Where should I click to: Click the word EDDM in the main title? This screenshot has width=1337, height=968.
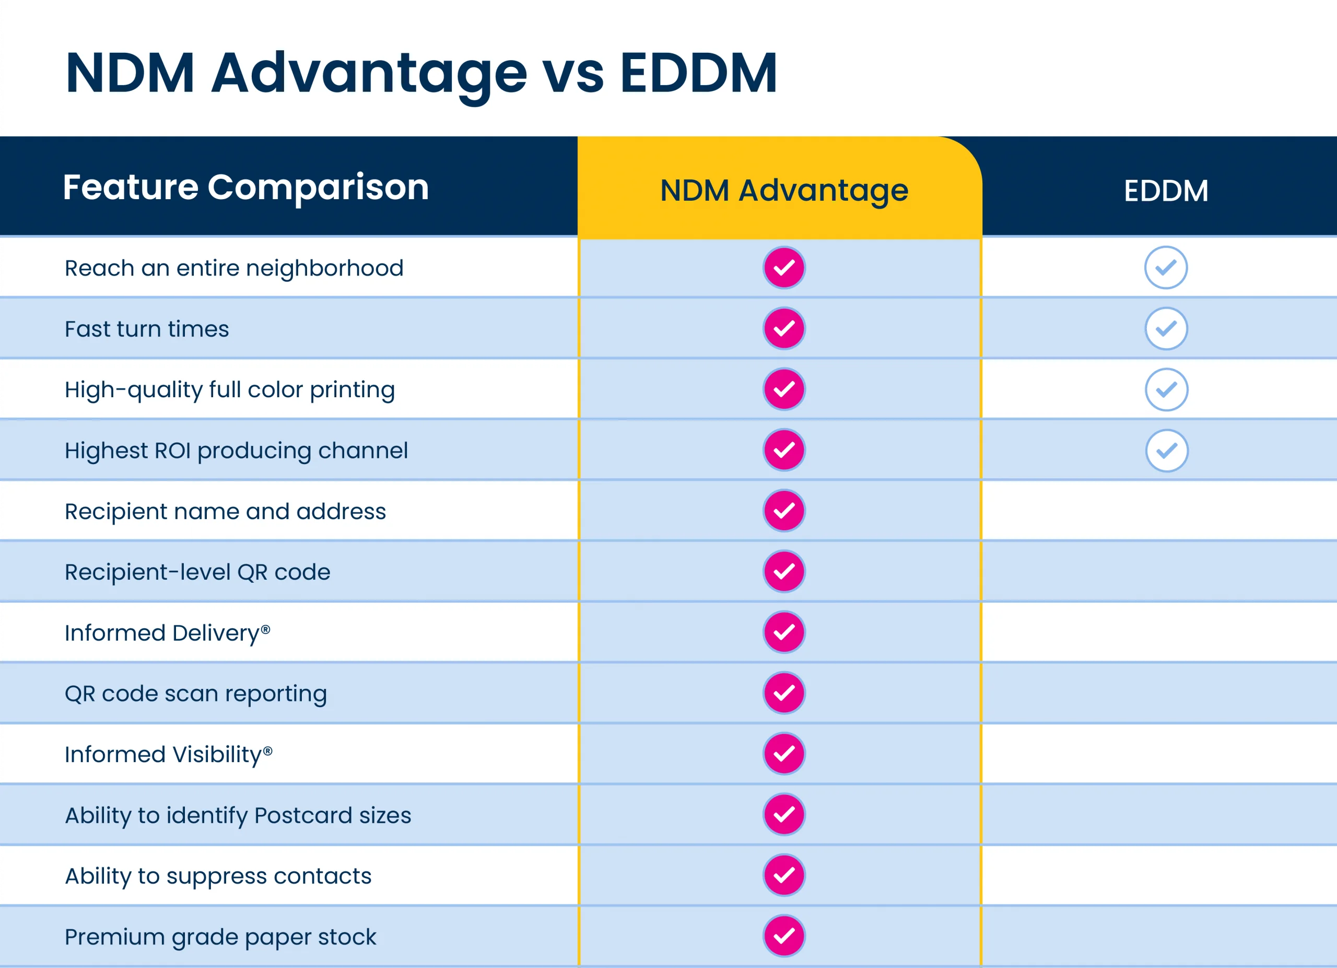click(x=699, y=73)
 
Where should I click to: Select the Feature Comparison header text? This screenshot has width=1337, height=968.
click(x=246, y=187)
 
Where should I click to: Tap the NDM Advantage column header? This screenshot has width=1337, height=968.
click(x=783, y=191)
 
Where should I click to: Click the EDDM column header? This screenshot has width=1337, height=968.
click(x=1166, y=191)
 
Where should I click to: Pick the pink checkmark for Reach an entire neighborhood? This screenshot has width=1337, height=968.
click(x=783, y=268)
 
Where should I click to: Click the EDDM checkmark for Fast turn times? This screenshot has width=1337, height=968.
click(x=1166, y=329)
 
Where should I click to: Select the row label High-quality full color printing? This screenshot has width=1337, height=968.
click(x=229, y=390)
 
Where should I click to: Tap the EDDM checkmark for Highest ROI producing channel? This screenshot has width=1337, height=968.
click(x=1166, y=451)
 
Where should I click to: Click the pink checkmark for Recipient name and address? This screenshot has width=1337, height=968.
click(x=783, y=511)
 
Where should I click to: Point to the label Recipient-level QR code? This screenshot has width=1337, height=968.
click(x=197, y=572)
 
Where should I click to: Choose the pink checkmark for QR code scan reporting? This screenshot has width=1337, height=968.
click(x=783, y=693)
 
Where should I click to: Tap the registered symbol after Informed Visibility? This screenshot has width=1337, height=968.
click(x=268, y=751)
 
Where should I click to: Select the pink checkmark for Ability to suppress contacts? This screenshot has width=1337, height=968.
click(x=783, y=875)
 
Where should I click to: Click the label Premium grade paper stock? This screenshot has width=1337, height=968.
click(x=220, y=937)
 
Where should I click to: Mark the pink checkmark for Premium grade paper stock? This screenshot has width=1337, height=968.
click(x=783, y=936)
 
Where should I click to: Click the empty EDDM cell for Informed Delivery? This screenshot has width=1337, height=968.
click(x=1159, y=632)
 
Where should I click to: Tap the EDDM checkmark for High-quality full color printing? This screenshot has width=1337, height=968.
click(x=1166, y=390)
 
